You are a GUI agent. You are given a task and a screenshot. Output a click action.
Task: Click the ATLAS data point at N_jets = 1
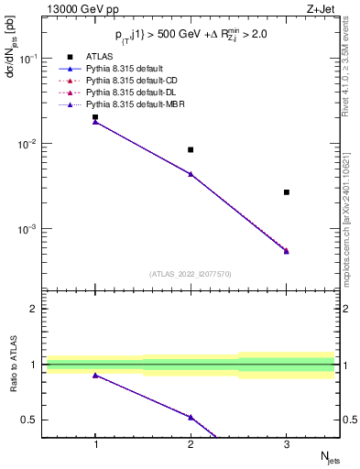pos(95,117)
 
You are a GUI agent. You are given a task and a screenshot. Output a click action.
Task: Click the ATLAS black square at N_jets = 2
pos(191,149)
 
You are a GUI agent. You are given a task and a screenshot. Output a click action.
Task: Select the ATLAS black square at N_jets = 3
pos(287,192)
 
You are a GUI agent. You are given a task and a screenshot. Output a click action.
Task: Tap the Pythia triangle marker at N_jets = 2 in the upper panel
pos(191,173)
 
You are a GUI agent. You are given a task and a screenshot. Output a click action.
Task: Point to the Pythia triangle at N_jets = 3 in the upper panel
pos(287,250)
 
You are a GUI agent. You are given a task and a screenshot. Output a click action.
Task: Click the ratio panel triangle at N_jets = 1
pos(95,376)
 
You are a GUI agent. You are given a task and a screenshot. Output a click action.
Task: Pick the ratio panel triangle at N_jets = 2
pos(191,417)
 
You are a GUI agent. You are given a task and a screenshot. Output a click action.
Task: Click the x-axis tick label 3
pos(287,444)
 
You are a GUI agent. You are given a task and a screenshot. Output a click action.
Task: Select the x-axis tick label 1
pos(95,444)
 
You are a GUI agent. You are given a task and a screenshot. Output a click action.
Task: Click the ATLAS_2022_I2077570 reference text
pos(190,274)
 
